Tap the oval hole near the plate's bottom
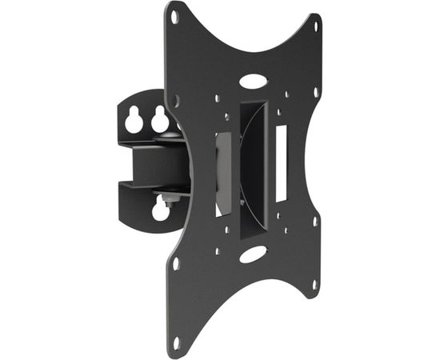point(254,256)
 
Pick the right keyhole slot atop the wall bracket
point(161,120)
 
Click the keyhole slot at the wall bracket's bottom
point(161,210)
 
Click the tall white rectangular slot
point(281,162)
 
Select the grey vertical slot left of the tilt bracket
point(223,172)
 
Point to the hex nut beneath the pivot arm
point(170,194)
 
